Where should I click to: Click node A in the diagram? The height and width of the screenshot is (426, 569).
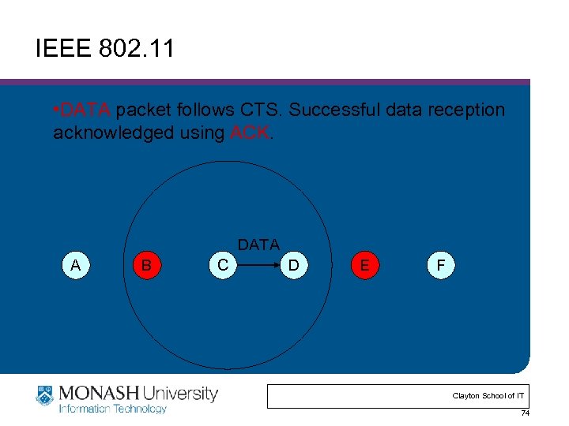pos(75,265)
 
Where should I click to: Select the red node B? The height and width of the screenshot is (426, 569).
pos(146,265)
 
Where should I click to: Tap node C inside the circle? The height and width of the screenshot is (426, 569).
pos(224,265)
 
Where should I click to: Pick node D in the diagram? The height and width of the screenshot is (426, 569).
pos(293,265)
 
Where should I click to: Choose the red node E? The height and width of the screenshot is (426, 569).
pos(364,265)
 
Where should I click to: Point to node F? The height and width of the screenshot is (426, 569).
pos(440,265)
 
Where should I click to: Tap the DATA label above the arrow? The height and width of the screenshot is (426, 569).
pos(258,245)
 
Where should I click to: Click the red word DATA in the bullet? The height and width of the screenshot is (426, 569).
pos(87,110)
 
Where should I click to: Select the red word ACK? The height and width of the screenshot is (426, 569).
pos(250,133)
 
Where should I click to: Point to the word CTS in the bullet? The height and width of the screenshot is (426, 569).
pos(260,110)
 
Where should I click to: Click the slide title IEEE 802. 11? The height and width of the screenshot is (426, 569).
pos(104,50)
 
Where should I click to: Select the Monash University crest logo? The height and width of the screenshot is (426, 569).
pos(45,395)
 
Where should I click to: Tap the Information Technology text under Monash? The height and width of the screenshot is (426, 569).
pos(113,409)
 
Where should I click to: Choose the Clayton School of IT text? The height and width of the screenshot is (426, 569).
pos(488,395)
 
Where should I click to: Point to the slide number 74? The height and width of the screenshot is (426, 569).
pos(525,414)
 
